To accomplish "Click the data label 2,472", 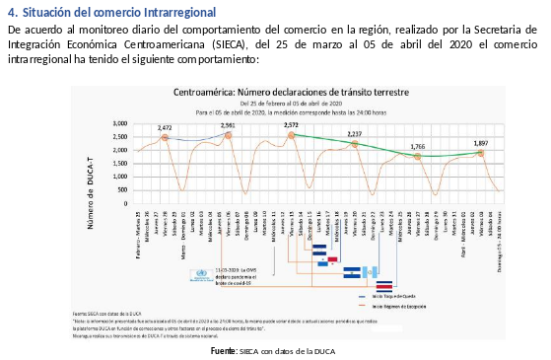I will pos(165,128).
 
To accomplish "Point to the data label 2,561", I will pos(228,126).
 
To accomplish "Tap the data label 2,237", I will pos(355,133).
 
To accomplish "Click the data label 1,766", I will pos(418,146).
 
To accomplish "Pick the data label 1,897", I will pos(480,143).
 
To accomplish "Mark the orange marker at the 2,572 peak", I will pos(292,135).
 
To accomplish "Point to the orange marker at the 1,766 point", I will pos(418,156).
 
